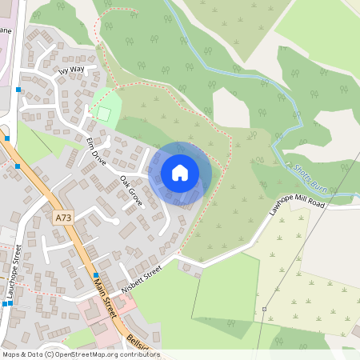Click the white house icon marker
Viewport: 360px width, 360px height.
click(180, 173)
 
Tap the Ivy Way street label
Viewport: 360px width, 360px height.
click(71, 70)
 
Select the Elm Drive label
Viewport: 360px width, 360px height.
click(96, 150)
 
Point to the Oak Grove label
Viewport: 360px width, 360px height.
click(131, 190)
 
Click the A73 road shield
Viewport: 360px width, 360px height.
click(63, 218)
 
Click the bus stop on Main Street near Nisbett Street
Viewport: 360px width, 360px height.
click(97, 274)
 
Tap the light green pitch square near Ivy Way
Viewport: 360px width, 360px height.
click(103, 113)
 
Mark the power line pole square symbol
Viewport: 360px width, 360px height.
click(263, 309)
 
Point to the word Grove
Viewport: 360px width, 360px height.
click(135, 195)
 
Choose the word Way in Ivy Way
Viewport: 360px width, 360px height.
click(78, 70)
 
